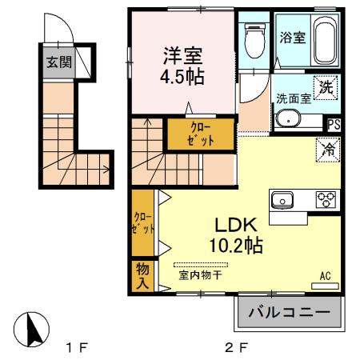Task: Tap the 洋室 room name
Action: [182, 57]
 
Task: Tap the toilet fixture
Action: [254, 40]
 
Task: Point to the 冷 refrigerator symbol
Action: [328, 148]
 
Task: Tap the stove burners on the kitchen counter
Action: [324, 200]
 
